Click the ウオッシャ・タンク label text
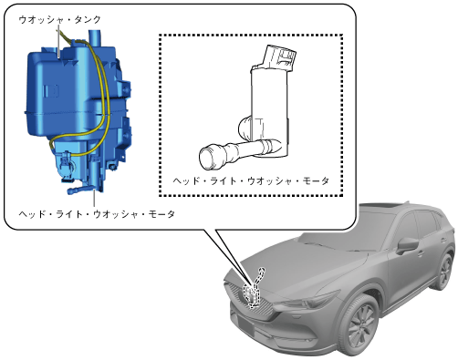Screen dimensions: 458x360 (59, 20)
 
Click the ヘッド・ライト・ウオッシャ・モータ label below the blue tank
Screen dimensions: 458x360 (97, 214)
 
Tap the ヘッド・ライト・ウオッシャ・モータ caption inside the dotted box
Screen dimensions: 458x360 (251, 181)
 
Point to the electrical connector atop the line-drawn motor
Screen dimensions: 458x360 (279, 58)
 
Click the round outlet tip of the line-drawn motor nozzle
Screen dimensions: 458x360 (210, 158)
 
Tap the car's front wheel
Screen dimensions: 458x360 (360, 324)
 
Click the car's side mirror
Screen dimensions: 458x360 (407, 245)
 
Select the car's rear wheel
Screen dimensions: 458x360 (442, 271)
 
